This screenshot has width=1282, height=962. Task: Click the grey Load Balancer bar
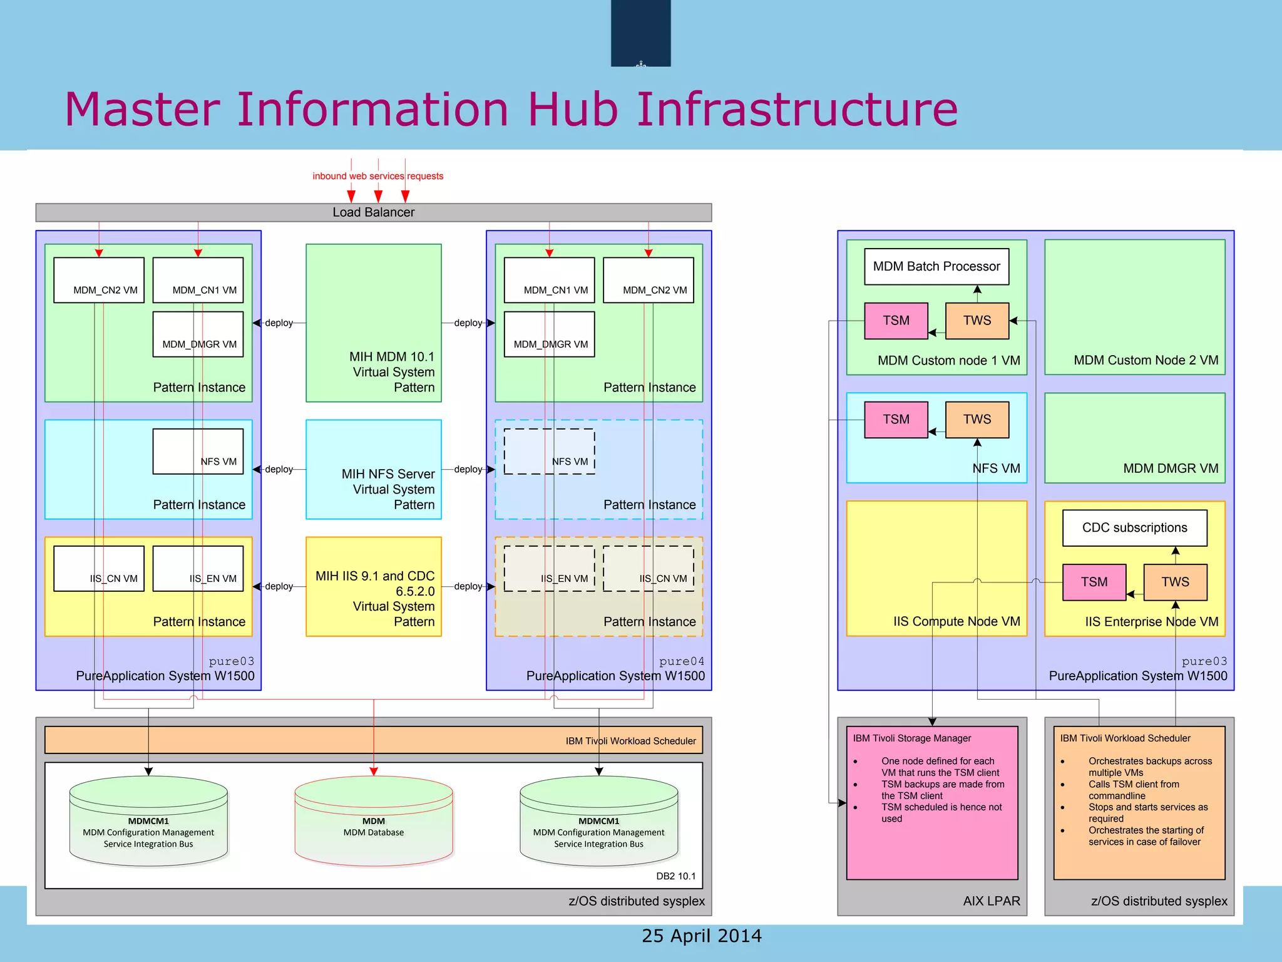point(373,212)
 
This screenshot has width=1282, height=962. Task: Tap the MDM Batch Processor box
point(936,267)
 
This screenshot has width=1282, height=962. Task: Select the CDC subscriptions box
point(1134,528)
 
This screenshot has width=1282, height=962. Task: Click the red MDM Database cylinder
point(374,820)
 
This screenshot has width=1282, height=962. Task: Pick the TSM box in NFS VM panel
point(896,420)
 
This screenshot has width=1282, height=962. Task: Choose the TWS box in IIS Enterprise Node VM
point(1175,582)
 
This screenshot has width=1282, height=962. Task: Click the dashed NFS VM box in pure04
point(549,452)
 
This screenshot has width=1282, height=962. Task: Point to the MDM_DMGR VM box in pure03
point(198,334)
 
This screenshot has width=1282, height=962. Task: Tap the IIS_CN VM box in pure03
point(99,569)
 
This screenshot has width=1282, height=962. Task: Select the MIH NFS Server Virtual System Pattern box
point(374,470)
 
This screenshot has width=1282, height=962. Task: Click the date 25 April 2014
point(701,936)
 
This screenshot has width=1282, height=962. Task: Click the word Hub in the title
point(573,110)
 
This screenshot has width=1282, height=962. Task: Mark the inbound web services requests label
point(377,176)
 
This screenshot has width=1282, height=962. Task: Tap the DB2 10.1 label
point(675,876)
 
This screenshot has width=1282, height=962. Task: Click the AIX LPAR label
point(991,901)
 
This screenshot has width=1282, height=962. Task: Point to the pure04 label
point(681,661)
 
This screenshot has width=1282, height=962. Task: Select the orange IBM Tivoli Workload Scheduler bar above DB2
point(374,740)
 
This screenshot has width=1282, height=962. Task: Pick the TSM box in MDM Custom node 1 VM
point(896,321)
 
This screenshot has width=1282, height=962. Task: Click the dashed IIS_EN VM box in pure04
point(549,569)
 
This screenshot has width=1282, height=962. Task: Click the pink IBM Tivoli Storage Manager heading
point(911,738)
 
